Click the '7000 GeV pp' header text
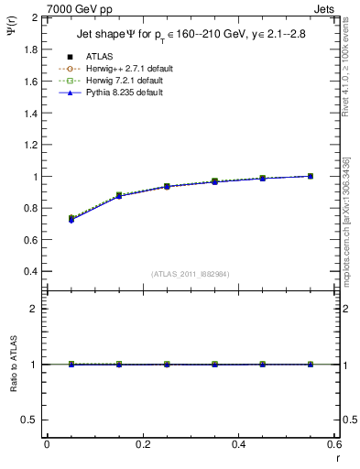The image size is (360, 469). click(x=73, y=8)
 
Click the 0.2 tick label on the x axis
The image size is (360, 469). click(x=143, y=444)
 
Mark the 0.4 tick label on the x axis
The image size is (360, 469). click(x=238, y=444)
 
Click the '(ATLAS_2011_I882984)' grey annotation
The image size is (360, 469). click(x=190, y=274)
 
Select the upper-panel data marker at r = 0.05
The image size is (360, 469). click(x=71, y=219)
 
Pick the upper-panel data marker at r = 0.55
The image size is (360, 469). click(x=311, y=176)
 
